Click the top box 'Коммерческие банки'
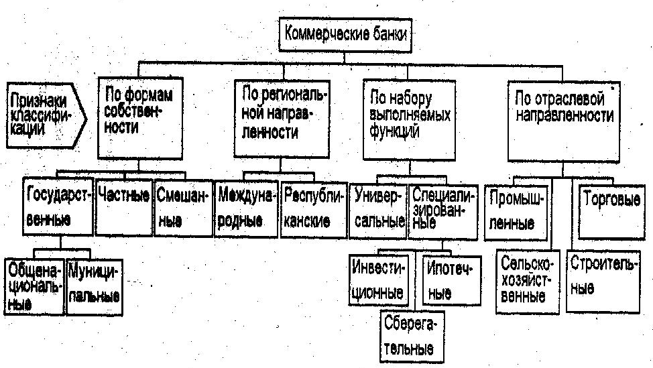pyautogui.click(x=345, y=35)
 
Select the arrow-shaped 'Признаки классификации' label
pyautogui.click(x=46, y=115)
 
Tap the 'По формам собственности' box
pyautogui.click(x=140, y=118)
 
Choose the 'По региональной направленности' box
pyautogui.click(x=282, y=119)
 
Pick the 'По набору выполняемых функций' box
pyautogui.click(x=410, y=120)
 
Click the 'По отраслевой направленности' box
pyautogui.click(x=564, y=121)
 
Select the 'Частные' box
pyautogui.click(x=123, y=207)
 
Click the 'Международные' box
pyautogui.click(x=246, y=209)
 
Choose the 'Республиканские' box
pyautogui.click(x=314, y=210)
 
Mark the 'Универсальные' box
pyautogui.click(x=378, y=211)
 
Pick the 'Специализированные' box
pyautogui.click(x=443, y=211)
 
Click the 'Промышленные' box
pyautogui.click(x=516, y=212)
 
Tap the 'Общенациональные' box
pyautogui.click(x=35, y=286)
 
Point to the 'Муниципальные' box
pyautogui.click(x=94, y=287)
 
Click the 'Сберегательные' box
pyautogui.click(x=412, y=336)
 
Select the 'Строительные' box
pyautogui.click(x=603, y=282)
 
